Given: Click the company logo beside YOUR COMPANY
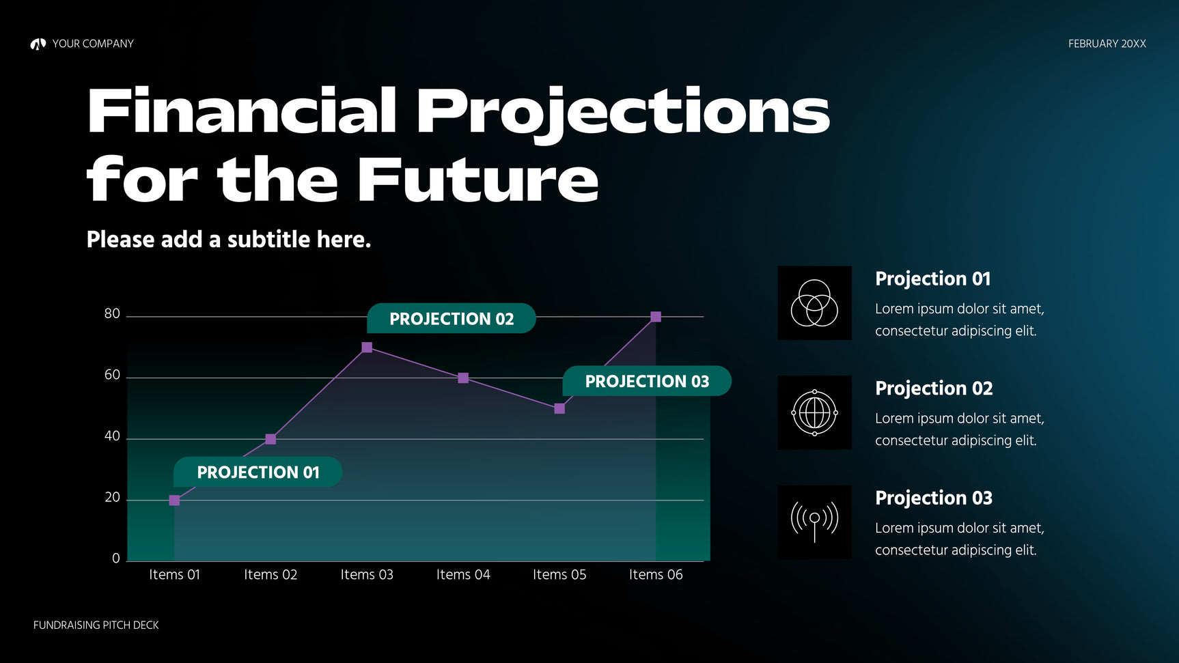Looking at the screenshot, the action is [x=38, y=44].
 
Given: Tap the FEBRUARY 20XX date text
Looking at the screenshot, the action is [x=1107, y=44].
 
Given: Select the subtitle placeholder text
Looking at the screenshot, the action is [x=229, y=240].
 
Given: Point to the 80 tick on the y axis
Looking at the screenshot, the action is [x=112, y=313].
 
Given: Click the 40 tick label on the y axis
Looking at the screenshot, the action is [x=112, y=436].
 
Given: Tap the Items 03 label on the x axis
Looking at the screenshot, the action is [x=367, y=574].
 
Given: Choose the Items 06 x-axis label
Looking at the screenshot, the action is [x=656, y=574].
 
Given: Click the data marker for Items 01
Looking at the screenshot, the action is [x=174, y=500].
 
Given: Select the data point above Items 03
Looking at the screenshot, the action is [x=367, y=348].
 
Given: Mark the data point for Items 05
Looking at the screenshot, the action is [x=559, y=408].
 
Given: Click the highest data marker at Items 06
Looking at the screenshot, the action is [x=656, y=317].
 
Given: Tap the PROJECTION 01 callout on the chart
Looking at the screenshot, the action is [x=258, y=472].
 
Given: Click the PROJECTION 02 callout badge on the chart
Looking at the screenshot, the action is [x=451, y=318].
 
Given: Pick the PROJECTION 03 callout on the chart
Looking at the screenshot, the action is [x=647, y=381].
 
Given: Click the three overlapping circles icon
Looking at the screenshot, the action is [x=814, y=302].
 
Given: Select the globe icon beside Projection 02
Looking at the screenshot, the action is [x=814, y=412].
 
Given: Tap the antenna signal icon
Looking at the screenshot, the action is [x=814, y=522].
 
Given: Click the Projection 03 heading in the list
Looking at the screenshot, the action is [x=934, y=498].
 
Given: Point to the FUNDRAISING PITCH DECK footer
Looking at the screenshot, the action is [x=96, y=625].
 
